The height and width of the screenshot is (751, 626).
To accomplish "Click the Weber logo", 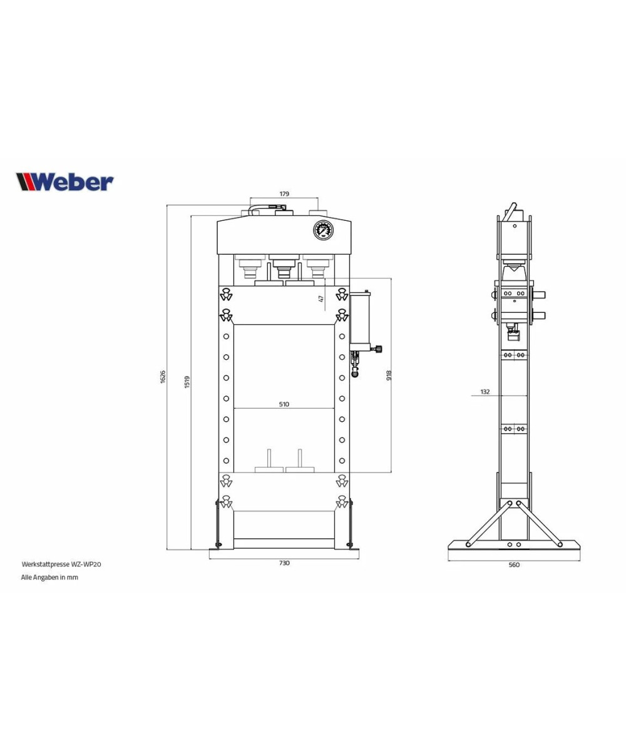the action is (x=64, y=182).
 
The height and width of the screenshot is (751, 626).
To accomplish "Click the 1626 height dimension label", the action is (x=163, y=377).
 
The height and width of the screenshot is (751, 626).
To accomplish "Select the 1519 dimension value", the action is (x=187, y=382).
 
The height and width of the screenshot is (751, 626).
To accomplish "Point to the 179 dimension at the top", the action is (x=284, y=194).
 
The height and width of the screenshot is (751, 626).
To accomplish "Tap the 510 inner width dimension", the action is (x=284, y=404).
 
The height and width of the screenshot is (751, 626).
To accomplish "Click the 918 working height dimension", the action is (x=389, y=375).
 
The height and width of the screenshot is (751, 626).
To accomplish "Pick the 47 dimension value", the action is (x=321, y=299).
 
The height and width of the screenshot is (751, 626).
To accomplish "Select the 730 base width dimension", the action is (x=284, y=563).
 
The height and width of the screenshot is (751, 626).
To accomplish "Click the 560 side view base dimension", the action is (x=514, y=565).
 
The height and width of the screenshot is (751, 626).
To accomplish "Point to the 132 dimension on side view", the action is (x=485, y=392).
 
